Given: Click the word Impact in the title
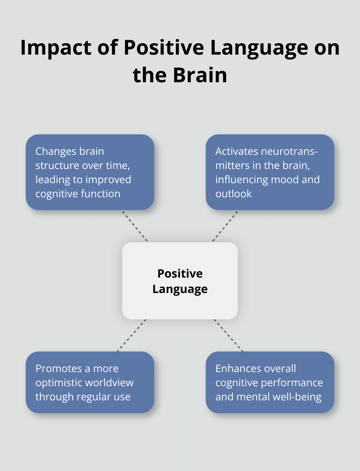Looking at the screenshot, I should click(x=56, y=48).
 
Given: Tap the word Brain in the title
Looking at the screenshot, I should click(x=200, y=75).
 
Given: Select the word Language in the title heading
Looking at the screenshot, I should click(x=259, y=48).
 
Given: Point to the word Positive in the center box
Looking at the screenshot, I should click(x=180, y=273).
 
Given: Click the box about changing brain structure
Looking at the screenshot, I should click(x=90, y=172).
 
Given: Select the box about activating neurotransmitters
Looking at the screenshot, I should click(x=270, y=172).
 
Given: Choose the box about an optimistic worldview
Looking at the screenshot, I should click(x=90, y=382).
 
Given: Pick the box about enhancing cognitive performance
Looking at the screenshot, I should click(x=270, y=382).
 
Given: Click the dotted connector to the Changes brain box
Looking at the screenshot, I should click(x=135, y=226).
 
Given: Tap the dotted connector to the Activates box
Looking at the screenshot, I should click(x=225, y=226).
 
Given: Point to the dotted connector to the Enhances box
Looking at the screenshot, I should click(x=229, y=335).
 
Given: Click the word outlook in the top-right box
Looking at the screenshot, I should click(x=234, y=194).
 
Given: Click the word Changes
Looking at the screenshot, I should click(x=53, y=151).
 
